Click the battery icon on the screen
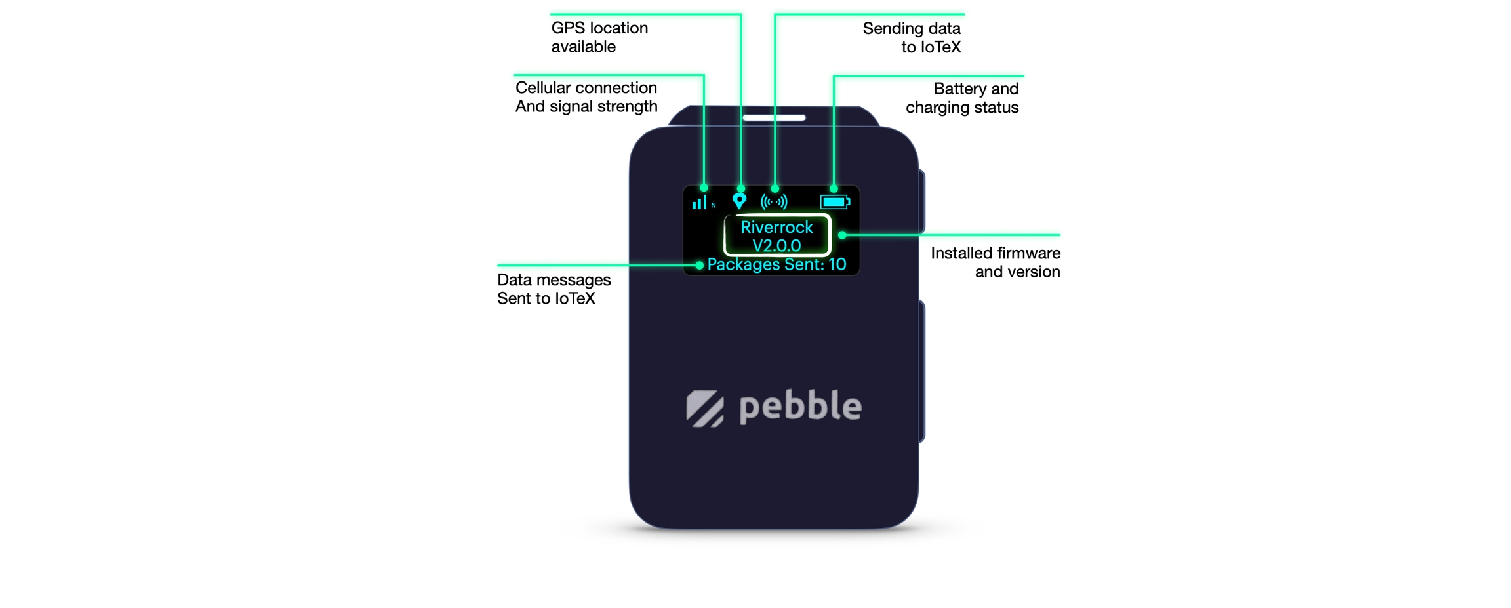(835, 202)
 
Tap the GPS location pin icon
(739, 201)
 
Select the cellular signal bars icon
(700, 202)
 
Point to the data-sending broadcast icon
(774, 202)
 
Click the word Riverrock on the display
(776, 227)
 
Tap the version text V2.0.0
(776, 245)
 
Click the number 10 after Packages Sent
(837, 264)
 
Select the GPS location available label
(599, 37)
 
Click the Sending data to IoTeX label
(912, 37)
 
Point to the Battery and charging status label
(962, 98)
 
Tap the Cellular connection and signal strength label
(586, 97)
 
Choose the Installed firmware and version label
(995, 262)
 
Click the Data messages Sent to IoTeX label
(554, 289)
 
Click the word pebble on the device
(800, 407)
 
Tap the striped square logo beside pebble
(705, 409)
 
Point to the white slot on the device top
(774, 118)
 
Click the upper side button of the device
(921, 201)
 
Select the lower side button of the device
(921, 371)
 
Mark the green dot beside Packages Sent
(700, 265)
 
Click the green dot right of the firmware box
(842, 235)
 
